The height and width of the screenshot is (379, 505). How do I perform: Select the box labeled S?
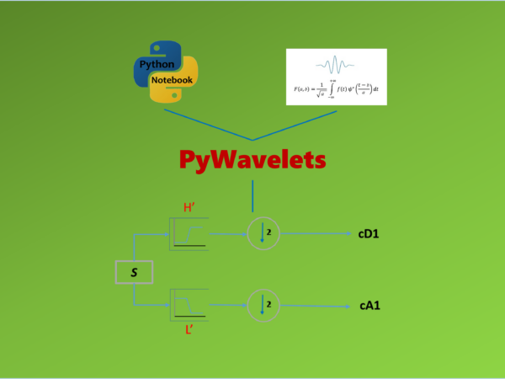[133, 272]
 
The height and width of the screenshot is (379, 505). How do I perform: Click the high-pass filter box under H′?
[189, 232]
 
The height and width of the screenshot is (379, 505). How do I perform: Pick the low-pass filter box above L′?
[189, 303]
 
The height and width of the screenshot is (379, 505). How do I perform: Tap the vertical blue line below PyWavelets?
[252, 195]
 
